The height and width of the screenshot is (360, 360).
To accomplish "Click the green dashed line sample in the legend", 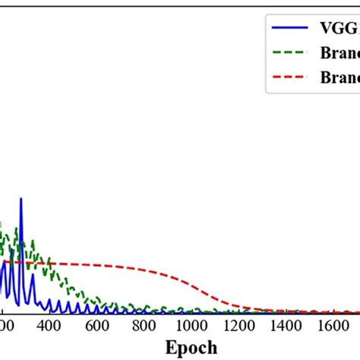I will click(x=292, y=54).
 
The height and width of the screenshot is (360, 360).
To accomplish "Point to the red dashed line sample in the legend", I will click(x=292, y=76).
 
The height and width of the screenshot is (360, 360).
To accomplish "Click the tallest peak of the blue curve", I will click(x=21, y=199).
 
